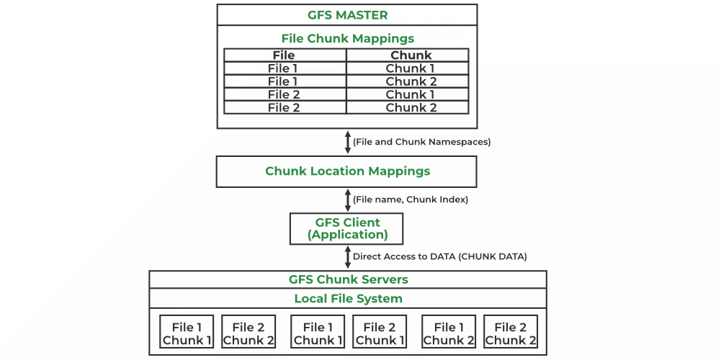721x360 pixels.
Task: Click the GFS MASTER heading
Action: (346, 14)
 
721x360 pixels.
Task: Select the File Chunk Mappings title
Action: (346, 38)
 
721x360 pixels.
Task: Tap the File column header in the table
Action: (285, 55)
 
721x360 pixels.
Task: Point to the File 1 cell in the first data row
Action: (285, 68)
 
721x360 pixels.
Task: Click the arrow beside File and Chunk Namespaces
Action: (347, 142)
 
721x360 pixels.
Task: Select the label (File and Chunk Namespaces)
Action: (421, 142)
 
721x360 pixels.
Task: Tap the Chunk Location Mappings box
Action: (346, 171)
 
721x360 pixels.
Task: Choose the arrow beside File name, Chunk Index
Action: (347, 199)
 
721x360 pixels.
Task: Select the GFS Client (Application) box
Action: (346, 228)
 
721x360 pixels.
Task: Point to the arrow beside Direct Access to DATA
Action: (347, 256)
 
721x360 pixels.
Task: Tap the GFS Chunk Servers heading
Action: (348, 279)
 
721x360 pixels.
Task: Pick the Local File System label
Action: (348, 298)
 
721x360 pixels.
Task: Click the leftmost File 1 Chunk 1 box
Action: (187, 333)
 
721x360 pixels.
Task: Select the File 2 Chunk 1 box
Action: (380, 333)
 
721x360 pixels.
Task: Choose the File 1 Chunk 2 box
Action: (448, 333)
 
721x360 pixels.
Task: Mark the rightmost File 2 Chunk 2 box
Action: (511, 333)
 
